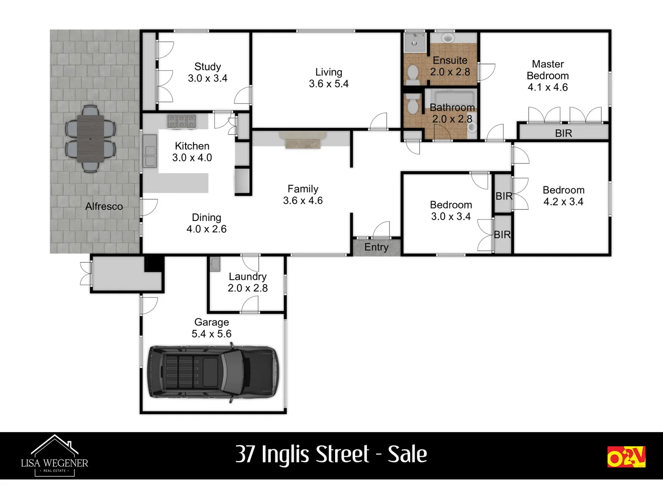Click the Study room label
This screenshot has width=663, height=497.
click(x=208, y=67)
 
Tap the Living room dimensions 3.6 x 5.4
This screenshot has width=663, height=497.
click(x=329, y=84)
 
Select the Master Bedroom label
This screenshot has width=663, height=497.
click(x=547, y=70)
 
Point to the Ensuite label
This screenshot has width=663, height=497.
click(x=450, y=60)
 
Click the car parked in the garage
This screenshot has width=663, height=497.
click(x=213, y=372)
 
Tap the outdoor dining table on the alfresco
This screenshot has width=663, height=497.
click(x=90, y=138)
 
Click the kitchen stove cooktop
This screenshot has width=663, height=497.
click(x=181, y=121)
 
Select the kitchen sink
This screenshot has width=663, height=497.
click(x=150, y=150)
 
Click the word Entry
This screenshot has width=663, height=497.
click(x=376, y=247)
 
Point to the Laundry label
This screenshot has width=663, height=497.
click(x=248, y=277)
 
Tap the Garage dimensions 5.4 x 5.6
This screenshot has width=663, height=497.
click(x=211, y=334)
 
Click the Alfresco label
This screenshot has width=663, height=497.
click(x=104, y=207)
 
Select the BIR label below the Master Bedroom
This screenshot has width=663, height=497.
click(x=563, y=133)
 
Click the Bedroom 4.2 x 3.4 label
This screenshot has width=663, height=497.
click(x=564, y=191)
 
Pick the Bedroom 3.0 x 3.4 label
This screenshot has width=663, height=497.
click(x=451, y=205)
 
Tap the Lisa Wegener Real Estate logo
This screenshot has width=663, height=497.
click(x=54, y=456)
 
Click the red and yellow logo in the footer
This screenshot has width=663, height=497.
click(x=626, y=457)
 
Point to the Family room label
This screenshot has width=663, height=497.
click(x=303, y=189)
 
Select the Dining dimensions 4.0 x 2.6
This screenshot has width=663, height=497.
click(x=206, y=229)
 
